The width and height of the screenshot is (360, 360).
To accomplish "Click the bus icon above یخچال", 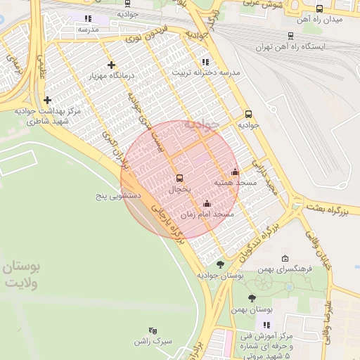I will pyautogui.click(x=179, y=178).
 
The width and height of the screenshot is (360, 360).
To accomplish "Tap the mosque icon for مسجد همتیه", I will pyautogui.click(x=235, y=172).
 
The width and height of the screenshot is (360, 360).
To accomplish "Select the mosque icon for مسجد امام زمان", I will pyautogui.click(x=206, y=205).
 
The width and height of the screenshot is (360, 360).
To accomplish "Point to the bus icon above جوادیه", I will pyautogui.click(x=248, y=114).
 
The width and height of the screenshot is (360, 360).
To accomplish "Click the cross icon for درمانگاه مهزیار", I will pyautogui.click(x=111, y=65).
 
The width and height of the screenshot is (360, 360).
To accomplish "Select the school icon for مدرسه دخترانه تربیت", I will pyautogui.click(x=205, y=62).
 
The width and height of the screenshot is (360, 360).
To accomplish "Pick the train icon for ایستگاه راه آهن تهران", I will pyautogui.click(x=290, y=36).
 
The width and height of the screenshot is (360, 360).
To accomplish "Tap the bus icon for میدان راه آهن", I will pyautogui.click(x=320, y=9).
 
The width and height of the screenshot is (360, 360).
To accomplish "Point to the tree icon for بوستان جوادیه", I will pyautogui.click(x=220, y=264).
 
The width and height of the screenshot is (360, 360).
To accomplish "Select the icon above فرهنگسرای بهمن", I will pyautogui.click(x=285, y=259).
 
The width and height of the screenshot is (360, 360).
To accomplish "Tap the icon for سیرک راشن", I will pyautogui.click(x=153, y=330).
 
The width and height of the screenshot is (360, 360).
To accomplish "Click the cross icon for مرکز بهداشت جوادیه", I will pyautogui.click(x=48, y=101).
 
